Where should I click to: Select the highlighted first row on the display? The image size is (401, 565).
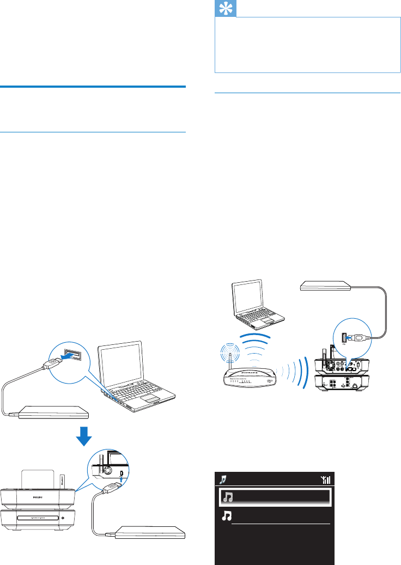coord(275,497)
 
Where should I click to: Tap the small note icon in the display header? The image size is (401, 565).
coord(222,479)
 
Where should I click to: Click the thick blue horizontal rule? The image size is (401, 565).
coord(93,86)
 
